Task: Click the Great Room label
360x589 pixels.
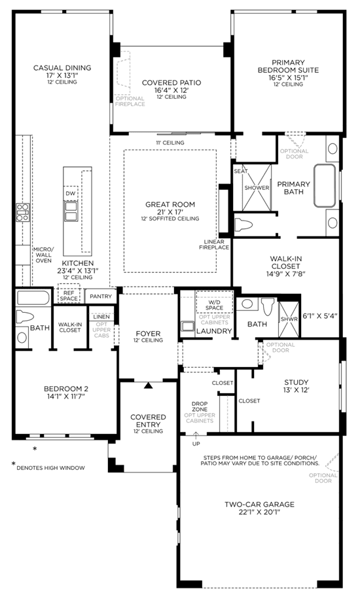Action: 170,204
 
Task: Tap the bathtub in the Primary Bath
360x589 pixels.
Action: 325,186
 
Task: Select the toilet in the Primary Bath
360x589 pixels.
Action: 243,225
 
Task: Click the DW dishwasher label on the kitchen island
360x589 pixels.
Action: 71,194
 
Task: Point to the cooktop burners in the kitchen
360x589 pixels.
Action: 22,212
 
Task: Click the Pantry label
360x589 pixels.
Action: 101,296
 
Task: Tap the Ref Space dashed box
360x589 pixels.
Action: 69,293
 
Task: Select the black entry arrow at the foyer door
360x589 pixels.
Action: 149,385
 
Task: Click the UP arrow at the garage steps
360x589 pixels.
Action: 196,436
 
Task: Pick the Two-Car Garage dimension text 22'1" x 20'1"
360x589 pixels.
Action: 260,512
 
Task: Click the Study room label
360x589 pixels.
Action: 296,382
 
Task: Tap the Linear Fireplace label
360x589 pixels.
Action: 214,245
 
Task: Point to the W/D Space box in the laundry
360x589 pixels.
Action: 214,302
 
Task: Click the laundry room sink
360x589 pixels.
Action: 187,326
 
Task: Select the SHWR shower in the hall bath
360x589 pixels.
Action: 289,319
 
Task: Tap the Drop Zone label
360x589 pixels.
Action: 200,406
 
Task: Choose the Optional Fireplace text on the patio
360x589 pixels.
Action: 130,101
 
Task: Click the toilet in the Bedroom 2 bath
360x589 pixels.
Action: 24,317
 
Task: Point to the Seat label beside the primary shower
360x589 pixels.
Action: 241,171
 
